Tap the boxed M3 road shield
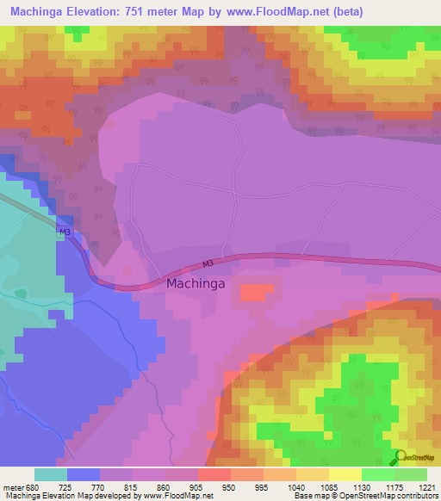pyautogui.click(x=65, y=232)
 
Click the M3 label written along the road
pyautogui.click(x=207, y=264)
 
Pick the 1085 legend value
pyautogui.click(x=329, y=486)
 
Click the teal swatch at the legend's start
pyautogui.click(x=51, y=474)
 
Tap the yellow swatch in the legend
pyautogui.click(x=345, y=474)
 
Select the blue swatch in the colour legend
pyautogui.click(x=84, y=474)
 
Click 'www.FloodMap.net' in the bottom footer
pyautogui.click(x=165, y=496)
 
